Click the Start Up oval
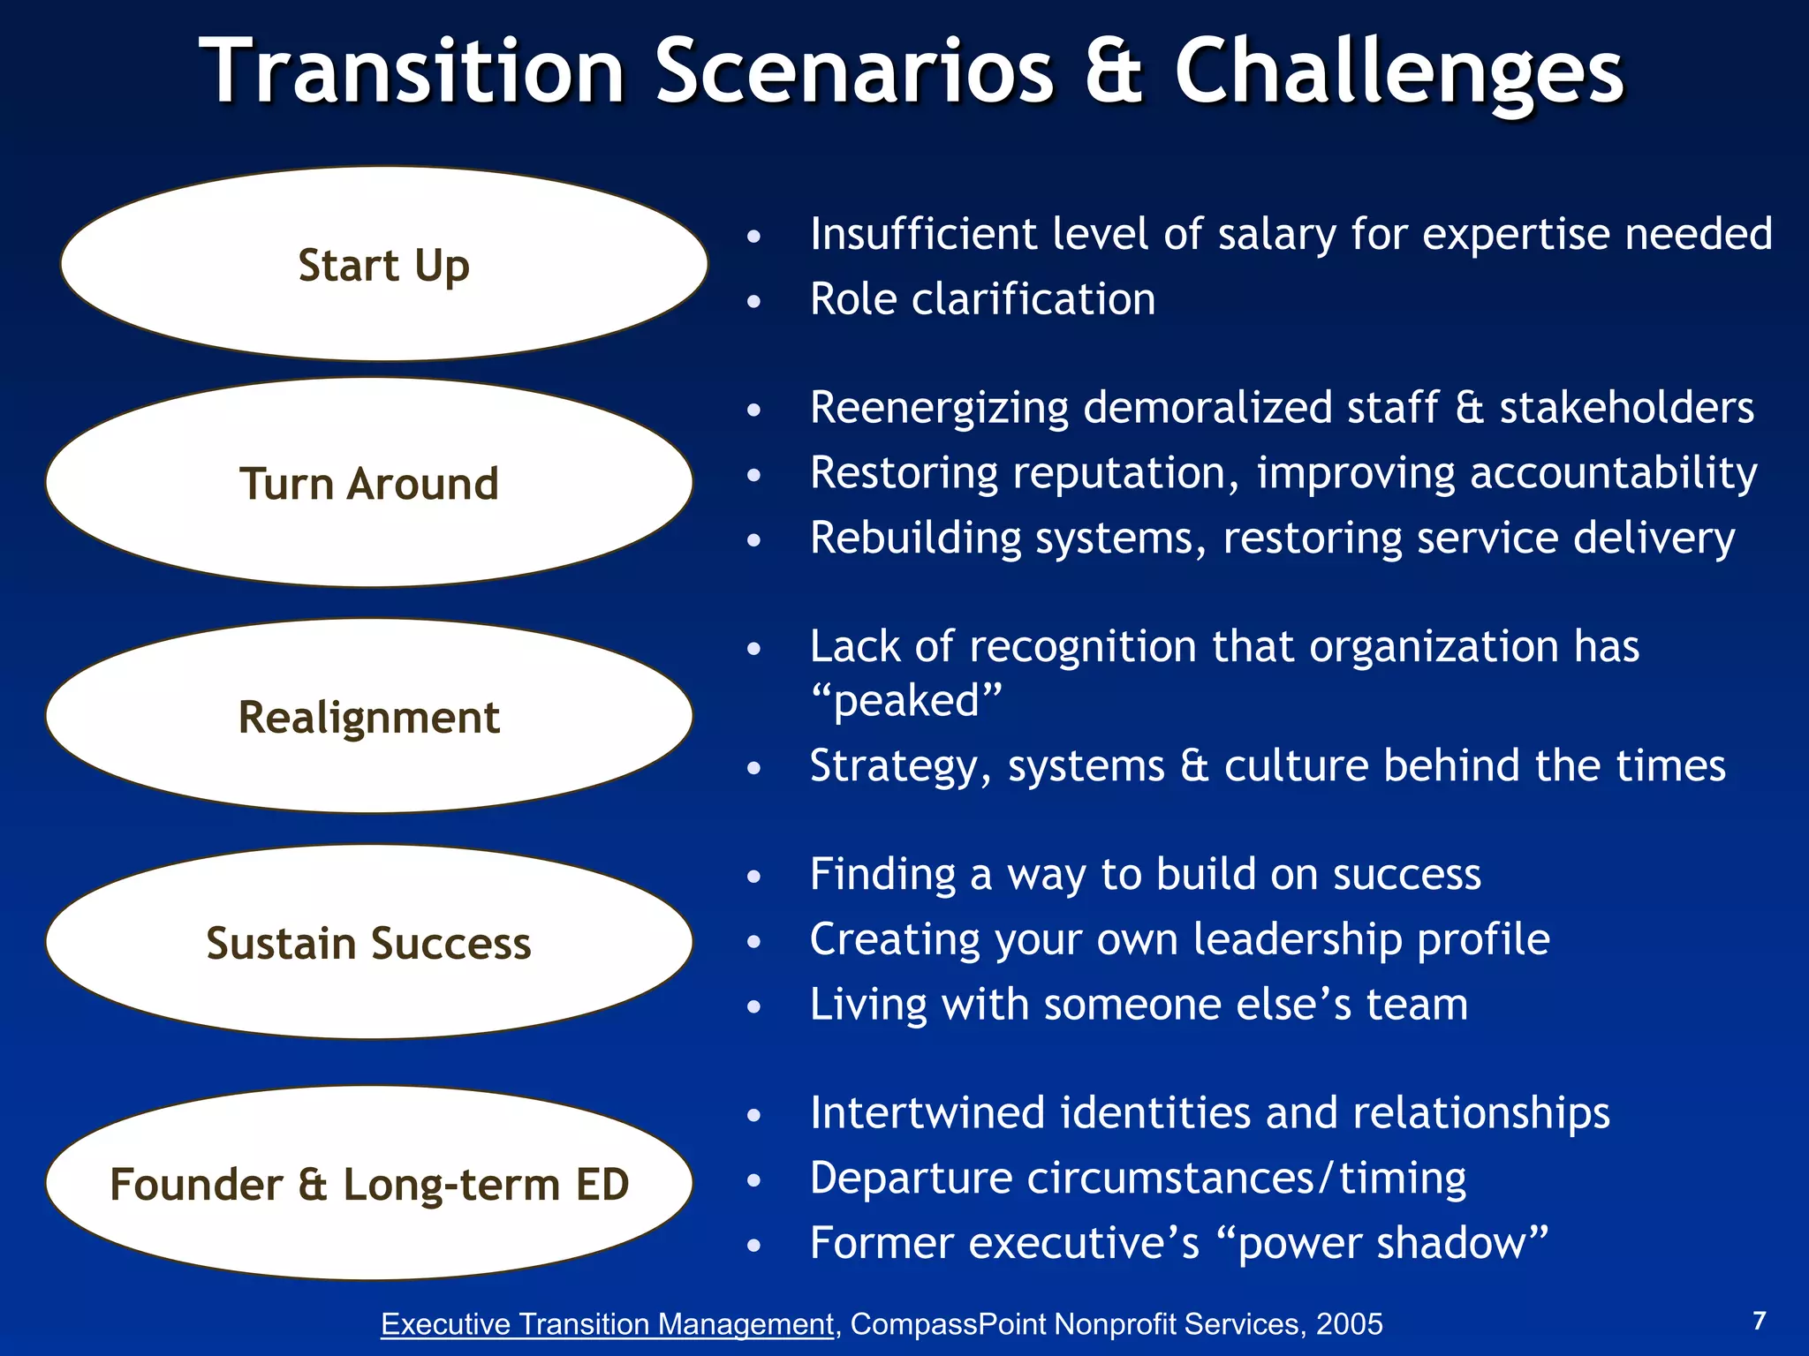[x=383, y=264]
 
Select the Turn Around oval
[x=369, y=483]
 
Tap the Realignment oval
[x=369, y=716]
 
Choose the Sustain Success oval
[x=369, y=942]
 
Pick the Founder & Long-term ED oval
[x=369, y=1183]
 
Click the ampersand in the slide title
[x=1113, y=71]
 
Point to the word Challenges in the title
[x=1399, y=72]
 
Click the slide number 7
[x=1759, y=1321]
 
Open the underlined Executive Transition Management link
[x=607, y=1324]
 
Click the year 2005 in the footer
[x=1349, y=1324]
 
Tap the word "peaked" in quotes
[x=907, y=701]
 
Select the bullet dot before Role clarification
[x=753, y=302]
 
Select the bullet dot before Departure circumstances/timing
[x=753, y=1180]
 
